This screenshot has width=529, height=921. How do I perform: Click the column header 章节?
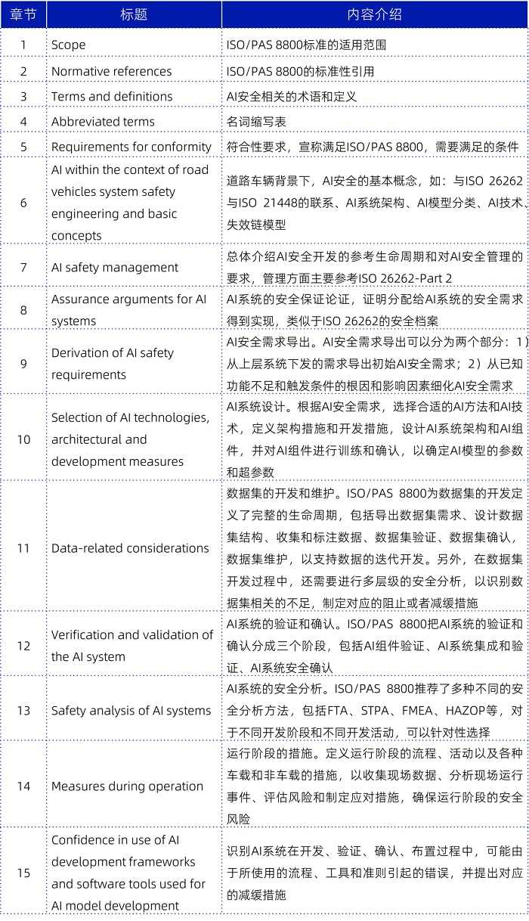click(23, 14)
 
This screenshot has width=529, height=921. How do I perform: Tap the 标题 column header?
click(134, 14)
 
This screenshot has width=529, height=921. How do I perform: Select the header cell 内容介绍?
click(375, 14)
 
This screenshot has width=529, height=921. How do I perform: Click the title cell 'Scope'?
click(69, 45)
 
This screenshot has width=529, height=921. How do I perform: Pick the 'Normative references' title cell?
click(111, 71)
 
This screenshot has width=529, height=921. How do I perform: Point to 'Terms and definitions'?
click(112, 96)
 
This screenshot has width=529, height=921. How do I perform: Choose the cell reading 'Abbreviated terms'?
click(103, 121)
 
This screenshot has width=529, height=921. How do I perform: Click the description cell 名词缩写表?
click(257, 121)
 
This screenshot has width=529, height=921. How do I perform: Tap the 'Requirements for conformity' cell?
click(131, 147)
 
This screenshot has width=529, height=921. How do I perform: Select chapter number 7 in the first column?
click(23, 267)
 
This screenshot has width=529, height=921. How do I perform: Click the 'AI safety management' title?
click(115, 267)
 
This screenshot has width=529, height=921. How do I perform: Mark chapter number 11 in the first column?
click(23, 548)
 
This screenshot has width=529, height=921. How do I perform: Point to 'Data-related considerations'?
click(130, 548)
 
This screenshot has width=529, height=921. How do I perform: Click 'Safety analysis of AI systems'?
click(131, 710)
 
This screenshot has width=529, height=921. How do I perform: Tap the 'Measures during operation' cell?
click(127, 786)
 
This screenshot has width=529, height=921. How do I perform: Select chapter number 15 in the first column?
click(23, 873)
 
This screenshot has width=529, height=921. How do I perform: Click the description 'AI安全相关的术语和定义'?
click(292, 96)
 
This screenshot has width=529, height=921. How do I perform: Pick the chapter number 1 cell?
click(23, 45)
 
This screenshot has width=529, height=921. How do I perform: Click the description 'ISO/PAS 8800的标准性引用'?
click(301, 71)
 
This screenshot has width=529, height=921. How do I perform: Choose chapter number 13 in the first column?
click(23, 710)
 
